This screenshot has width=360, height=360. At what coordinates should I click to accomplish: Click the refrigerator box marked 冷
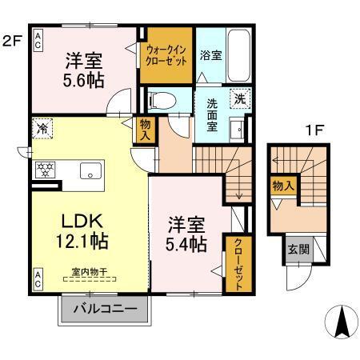(x=42, y=127)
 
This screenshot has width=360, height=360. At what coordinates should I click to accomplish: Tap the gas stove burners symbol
(x=44, y=170)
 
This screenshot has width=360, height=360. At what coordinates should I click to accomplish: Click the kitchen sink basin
(x=90, y=170)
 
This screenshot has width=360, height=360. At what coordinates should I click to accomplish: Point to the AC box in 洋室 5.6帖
(x=38, y=45)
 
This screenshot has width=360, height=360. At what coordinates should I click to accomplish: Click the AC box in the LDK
(x=38, y=279)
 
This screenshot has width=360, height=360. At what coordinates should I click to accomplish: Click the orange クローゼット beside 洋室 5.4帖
(x=237, y=262)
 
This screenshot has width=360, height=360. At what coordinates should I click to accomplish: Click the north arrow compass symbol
(x=344, y=322)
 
